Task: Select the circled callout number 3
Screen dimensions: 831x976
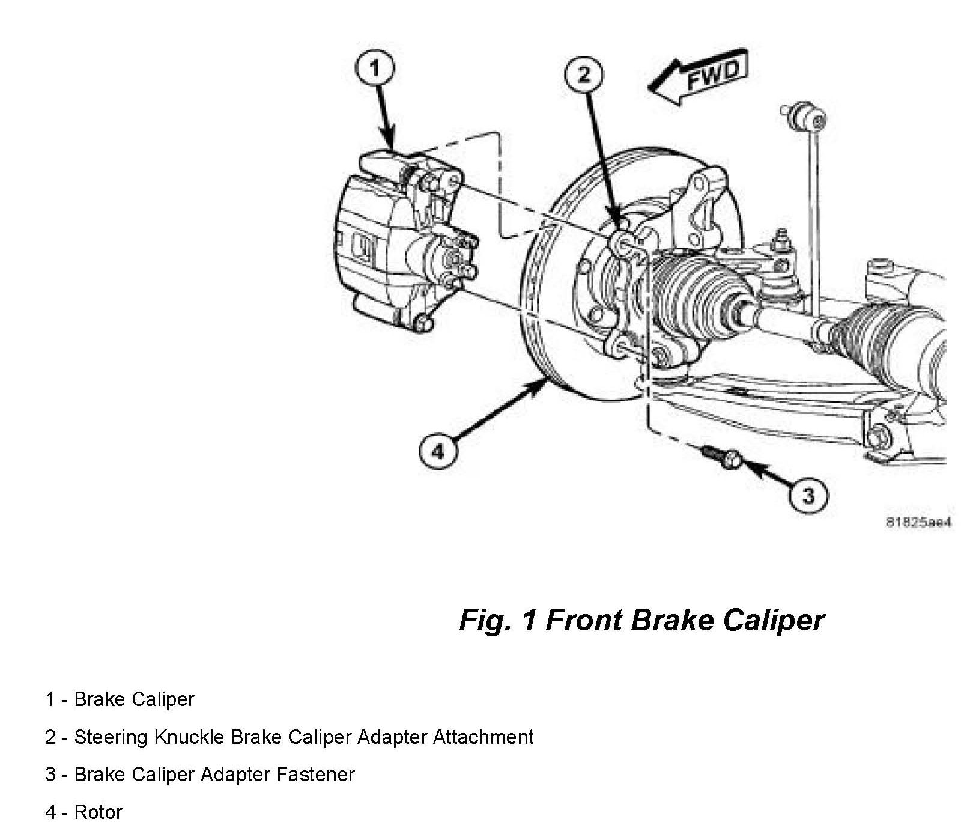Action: tap(808, 496)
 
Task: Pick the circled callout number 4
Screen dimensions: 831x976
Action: tap(438, 450)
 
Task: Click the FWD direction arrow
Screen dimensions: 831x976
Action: tap(700, 78)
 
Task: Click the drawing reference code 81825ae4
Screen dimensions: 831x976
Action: tap(918, 523)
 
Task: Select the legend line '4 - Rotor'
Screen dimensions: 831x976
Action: tap(83, 812)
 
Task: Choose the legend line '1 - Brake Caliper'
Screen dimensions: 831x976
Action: tap(120, 699)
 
